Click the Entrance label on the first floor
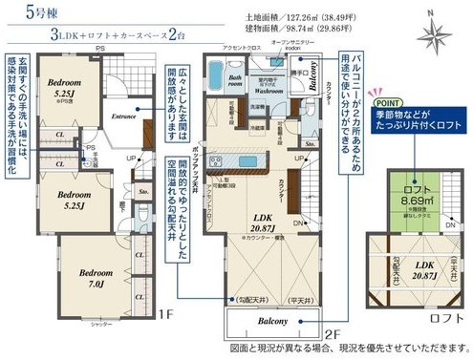coord(125,116)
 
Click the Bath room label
coord(234,83)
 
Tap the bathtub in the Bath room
coord(234,95)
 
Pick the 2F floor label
coord(332,335)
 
